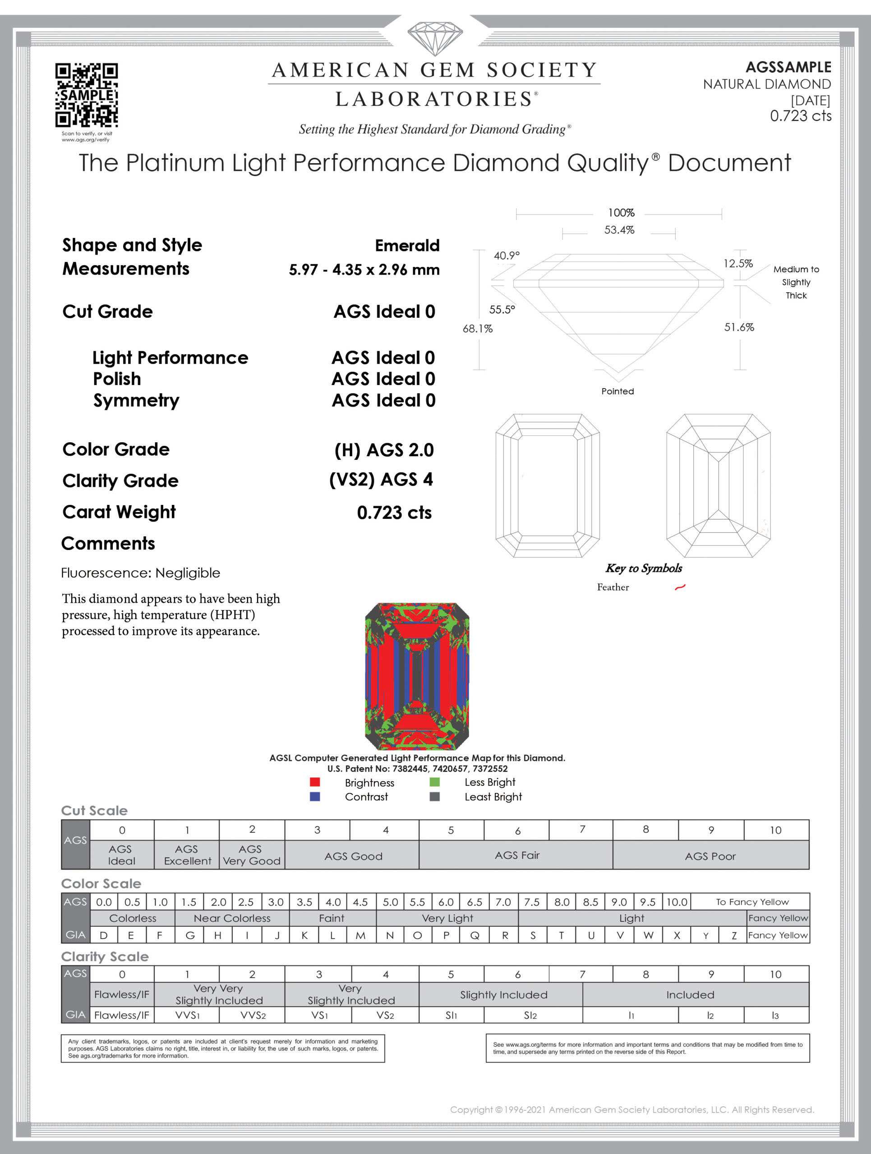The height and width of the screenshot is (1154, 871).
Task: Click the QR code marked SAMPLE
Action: [87, 95]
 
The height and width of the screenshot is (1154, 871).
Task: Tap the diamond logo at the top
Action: [435, 37]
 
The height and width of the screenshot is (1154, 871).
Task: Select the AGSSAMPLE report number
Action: [788, 67]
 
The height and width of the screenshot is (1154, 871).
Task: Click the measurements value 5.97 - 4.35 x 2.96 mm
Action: [364, 270]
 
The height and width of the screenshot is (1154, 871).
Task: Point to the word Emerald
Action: [407, 245]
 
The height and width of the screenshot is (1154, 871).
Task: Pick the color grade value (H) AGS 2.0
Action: [384, 450]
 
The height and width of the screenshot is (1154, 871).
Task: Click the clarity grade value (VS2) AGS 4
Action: [381, 480]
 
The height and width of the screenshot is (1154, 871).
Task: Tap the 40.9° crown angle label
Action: [507, 256]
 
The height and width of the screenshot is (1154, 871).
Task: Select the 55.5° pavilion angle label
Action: [502, 309]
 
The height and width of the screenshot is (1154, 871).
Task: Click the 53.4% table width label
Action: [619, 230]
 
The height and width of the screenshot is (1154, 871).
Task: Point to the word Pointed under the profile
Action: [618, 391]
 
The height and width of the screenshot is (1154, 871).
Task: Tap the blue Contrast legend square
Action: [315, 797]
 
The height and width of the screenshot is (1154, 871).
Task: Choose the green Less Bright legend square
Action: [434, 782]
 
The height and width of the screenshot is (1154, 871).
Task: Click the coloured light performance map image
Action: [417, 677]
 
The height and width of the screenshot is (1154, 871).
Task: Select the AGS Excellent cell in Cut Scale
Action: [187, 855]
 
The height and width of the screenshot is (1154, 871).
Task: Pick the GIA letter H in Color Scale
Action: [217, 935]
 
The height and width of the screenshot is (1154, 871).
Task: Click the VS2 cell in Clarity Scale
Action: [385, 1015]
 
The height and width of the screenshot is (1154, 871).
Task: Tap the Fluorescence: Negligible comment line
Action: [140, 573]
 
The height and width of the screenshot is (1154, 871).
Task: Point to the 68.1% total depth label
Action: [478, 329]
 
